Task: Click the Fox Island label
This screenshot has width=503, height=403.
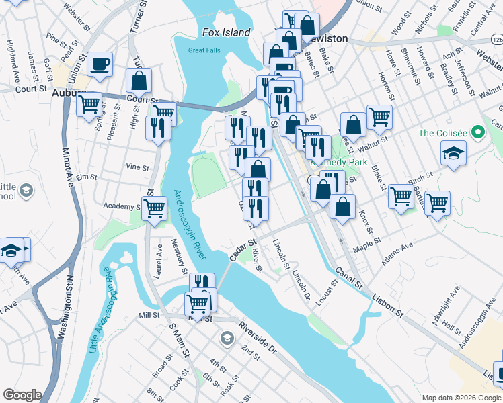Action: tap(226, 32)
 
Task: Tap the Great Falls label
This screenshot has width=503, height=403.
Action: tap(204, 50)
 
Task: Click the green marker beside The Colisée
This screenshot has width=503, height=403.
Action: tap(478, 132)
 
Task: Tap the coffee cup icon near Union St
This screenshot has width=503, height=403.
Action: tap(100, 64)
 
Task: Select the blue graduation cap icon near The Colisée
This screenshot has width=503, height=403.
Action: tap(454, 152)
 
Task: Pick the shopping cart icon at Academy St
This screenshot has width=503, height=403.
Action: tap(155, 208)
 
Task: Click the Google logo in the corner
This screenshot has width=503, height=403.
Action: tap(22, 394)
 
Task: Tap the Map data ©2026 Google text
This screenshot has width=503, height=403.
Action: tap(461, 398)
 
